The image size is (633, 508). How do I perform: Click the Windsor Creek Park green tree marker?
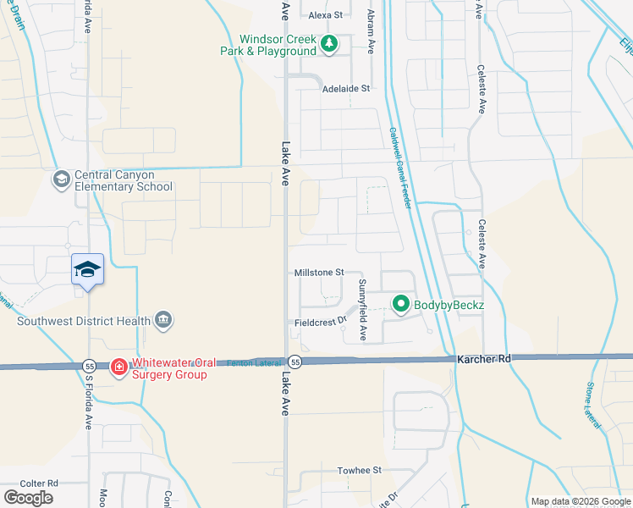pos(329,45)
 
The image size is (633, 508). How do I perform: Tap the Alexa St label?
pos(325,15)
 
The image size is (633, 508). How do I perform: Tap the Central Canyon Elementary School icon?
pos(61,179)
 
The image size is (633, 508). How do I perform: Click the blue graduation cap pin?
pos(88,270)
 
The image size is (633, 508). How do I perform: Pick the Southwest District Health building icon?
pos(164,320)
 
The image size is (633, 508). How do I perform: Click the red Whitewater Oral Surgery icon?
pos(119,366)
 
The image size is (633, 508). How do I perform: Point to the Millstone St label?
pos(318,273)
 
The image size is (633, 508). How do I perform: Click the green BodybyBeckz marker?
pos(399,303)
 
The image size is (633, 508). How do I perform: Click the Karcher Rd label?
pos(485,359)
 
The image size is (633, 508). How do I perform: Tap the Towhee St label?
pos(361,470)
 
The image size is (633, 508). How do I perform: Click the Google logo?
pos(29,498)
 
